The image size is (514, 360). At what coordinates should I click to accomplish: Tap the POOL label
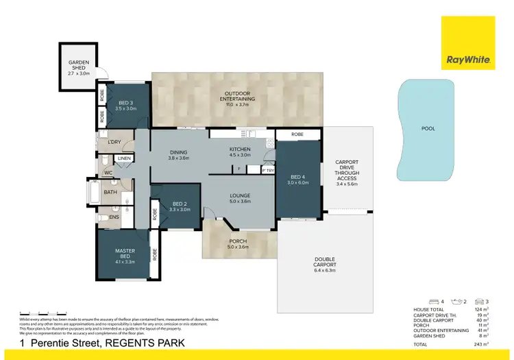coord(428,128)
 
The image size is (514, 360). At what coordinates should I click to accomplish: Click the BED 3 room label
coord(124,106)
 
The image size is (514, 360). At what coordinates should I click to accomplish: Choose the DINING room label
coord(178,154)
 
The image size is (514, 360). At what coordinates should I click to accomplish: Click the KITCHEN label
coord(240,152)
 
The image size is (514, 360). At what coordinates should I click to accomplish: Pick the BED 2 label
coord(180,206)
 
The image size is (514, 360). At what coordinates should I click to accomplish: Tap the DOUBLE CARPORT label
coord(325,265)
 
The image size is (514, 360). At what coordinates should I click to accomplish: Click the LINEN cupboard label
coord(124,158)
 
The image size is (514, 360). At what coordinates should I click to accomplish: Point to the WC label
coord(108,173)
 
